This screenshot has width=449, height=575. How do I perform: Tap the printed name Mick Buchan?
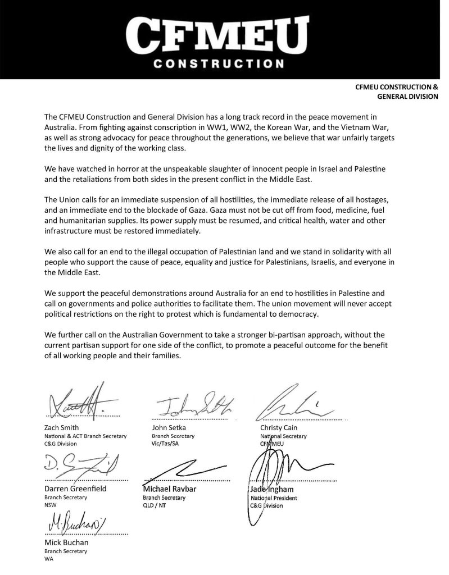(x=67, y=542)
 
